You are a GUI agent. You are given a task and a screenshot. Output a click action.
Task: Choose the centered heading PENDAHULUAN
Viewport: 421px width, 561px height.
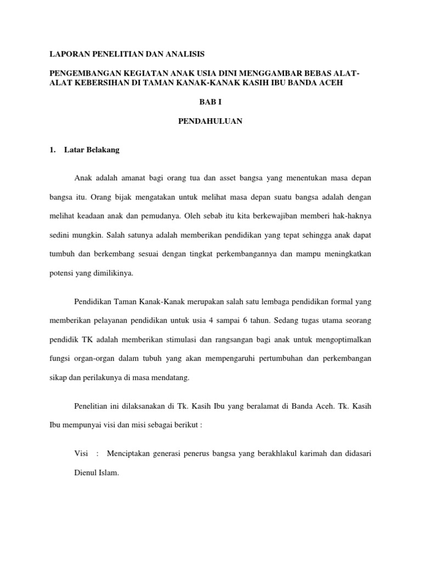point(210,122)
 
